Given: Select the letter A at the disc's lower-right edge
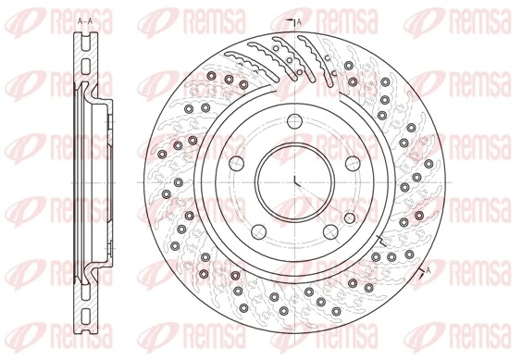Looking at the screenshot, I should [429, 268].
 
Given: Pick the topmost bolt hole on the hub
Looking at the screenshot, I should [293, 119].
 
